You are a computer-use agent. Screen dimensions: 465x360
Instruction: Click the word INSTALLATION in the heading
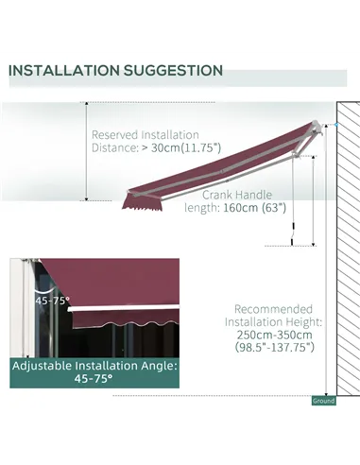pos(63,71)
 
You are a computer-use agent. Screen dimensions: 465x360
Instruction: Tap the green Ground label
pos(323,401)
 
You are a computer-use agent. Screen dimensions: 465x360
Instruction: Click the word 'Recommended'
pos(273,309)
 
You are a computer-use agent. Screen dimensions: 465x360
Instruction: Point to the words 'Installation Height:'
pos(273,322)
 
